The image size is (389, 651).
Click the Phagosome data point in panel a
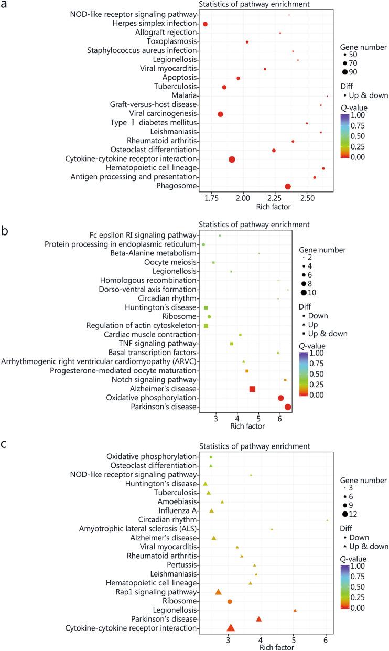tap(287, 186)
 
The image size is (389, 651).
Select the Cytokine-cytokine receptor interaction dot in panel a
tap(232, 159)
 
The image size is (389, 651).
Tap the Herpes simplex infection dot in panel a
tap(205, 24)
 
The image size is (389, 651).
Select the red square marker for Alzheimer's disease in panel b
tap(252, 389)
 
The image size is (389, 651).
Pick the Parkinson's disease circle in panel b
tap(287, 407)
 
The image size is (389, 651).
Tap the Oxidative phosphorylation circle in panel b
tap(280, 398)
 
